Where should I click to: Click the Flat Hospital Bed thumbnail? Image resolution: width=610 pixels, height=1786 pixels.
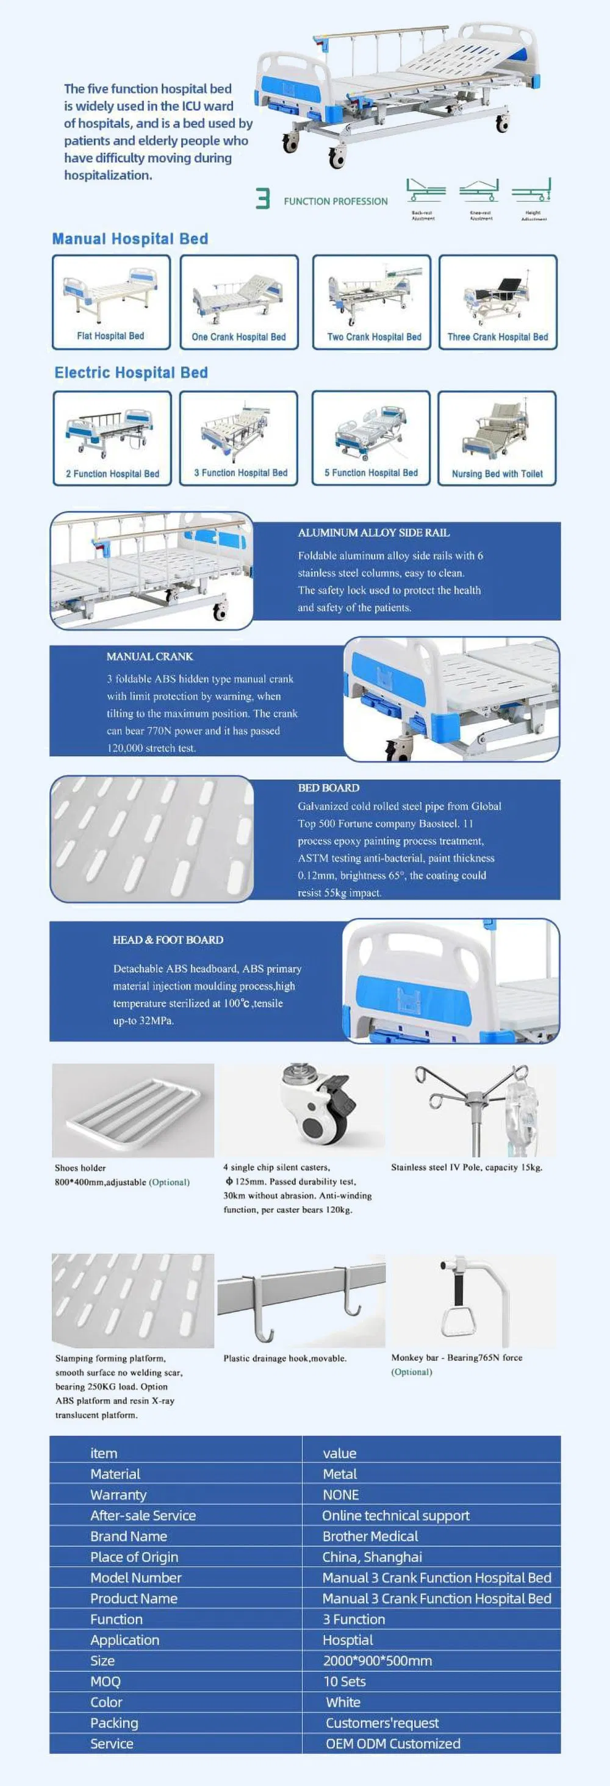tap(111, 295)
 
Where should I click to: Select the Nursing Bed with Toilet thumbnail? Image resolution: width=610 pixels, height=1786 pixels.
tap(497, 431)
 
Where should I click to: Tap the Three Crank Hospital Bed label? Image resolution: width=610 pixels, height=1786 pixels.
tap(498, 337)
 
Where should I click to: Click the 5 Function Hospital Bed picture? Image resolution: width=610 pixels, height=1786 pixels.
tap(371, 431)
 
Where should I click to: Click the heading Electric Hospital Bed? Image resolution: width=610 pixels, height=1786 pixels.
tap(131, 372)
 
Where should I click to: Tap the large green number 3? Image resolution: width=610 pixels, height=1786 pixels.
tap(263, 199)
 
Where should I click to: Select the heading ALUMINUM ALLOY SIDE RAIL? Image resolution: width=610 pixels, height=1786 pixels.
tap(373, 533)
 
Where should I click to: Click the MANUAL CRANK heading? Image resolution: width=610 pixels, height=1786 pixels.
tap(149, 656)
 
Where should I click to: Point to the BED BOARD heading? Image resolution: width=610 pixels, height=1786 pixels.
tap(329, 787)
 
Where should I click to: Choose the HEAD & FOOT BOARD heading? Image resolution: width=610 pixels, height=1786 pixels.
tap(168, 939)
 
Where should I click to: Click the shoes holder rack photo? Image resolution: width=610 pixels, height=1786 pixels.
tap(133, 1111)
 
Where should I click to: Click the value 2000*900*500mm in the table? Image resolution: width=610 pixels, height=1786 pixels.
tap(377, 1660)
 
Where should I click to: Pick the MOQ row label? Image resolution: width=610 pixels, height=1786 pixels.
tap(106, 1681)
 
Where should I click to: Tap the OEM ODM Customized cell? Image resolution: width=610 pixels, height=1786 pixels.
tap(393, 1744)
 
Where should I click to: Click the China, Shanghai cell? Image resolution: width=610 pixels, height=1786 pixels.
tap(372, 1557)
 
